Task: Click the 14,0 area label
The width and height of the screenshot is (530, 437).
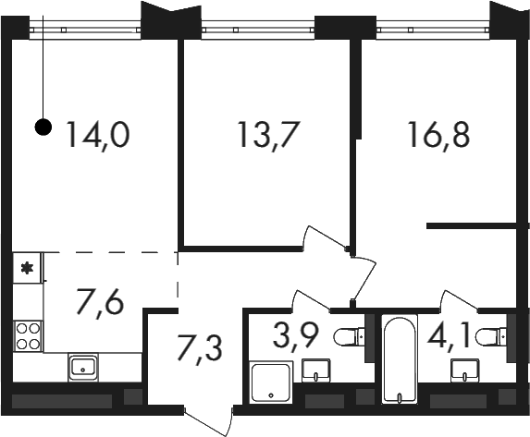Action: coord(98,135)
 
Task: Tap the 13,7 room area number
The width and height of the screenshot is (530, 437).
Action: coord(269,135)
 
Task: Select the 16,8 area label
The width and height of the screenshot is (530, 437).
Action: coord(439,135)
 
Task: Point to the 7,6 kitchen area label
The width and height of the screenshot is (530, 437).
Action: coord(101,303)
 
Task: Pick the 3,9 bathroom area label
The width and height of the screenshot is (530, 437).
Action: coord(295,335)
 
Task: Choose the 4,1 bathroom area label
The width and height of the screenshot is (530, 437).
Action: coord(450,335)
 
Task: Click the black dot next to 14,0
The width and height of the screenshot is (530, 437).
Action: coord(43,127)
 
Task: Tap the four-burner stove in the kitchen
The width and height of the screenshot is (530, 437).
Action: coord(28,336)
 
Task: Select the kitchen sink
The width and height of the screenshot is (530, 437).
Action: coord(83,368)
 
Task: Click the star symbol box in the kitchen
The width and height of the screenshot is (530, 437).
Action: coord(28,268)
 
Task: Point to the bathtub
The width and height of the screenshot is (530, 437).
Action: coord(400,358)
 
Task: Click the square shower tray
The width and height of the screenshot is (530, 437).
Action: coord(271,382)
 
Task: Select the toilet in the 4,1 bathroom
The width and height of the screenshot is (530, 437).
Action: coord(491,336)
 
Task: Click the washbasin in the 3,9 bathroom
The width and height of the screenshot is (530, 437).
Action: coord(316,370)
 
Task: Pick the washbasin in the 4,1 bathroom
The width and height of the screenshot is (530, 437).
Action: coord(465,370)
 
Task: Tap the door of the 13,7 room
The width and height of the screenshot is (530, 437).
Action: coord(327,238)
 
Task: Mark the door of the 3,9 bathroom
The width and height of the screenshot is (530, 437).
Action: coord(311,299)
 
